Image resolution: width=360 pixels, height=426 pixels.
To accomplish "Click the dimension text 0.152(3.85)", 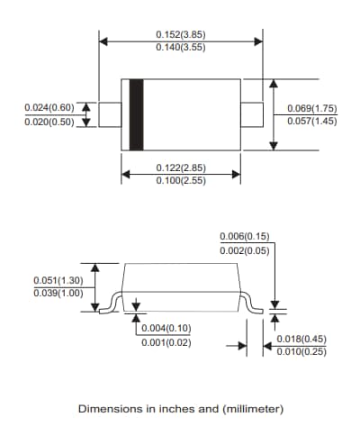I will (180, 34).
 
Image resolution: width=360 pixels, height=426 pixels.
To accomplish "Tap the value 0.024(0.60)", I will (50, 108).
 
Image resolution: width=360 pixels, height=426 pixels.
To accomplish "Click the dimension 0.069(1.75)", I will (312, 108).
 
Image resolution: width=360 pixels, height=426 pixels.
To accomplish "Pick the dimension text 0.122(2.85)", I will (181, 168).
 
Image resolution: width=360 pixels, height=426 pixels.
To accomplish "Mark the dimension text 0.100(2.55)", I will (181, 181).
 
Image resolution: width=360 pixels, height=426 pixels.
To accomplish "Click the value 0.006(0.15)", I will (245, 237).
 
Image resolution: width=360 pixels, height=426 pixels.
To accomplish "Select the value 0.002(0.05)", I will (245, 249).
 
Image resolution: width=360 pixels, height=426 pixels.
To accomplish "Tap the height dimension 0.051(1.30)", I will (58, 279).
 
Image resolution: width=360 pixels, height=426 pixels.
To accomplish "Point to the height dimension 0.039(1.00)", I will (58, 292).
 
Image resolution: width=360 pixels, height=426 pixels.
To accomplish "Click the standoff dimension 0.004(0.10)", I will (166, 328).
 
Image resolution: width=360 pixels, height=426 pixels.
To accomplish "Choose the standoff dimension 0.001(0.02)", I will (166, 341).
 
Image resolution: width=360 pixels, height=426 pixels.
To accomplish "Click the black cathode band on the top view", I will (136, 114).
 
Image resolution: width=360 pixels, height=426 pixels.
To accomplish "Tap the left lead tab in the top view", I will (109, 114).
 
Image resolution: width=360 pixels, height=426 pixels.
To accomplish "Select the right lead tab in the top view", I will (251, 114).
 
